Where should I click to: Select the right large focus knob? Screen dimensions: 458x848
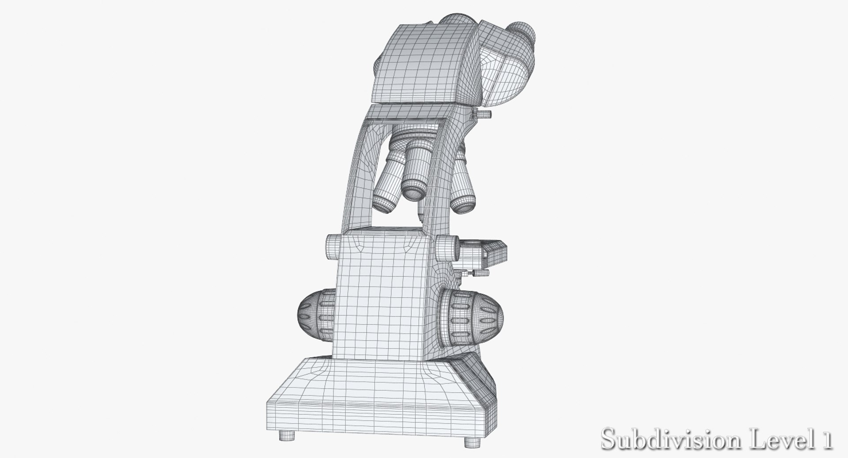pyautogui.click(x=475, y=317)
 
